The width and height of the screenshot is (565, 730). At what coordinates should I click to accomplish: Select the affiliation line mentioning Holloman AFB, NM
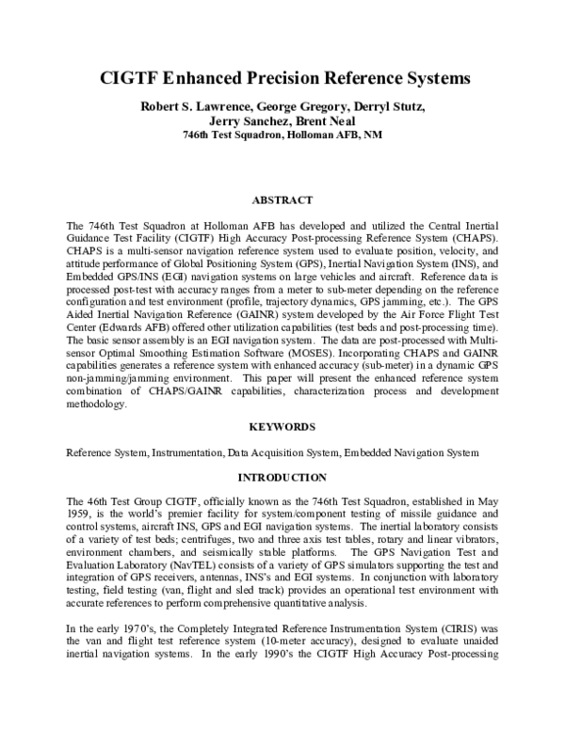[x=282, y=135]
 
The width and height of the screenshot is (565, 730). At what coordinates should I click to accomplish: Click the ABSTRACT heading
[x=282, y=200]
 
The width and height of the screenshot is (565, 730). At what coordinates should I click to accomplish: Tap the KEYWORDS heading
[x=282, y=426]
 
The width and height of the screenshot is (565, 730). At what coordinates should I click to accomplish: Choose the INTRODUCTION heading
[x=282, y=478]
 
